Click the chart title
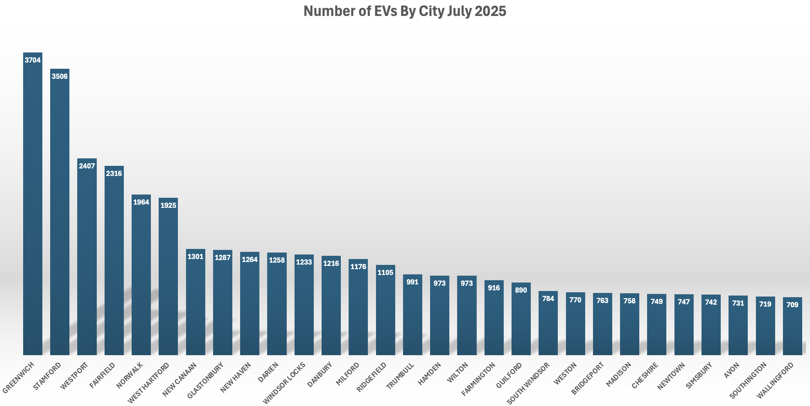click(405, 11)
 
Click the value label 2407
click(87, 166)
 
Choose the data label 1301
click(195, 257)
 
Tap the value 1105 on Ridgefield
click(385, 273)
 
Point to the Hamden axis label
click(430, 373)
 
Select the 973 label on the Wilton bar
click(467, 283)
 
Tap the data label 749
click(657, 302)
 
